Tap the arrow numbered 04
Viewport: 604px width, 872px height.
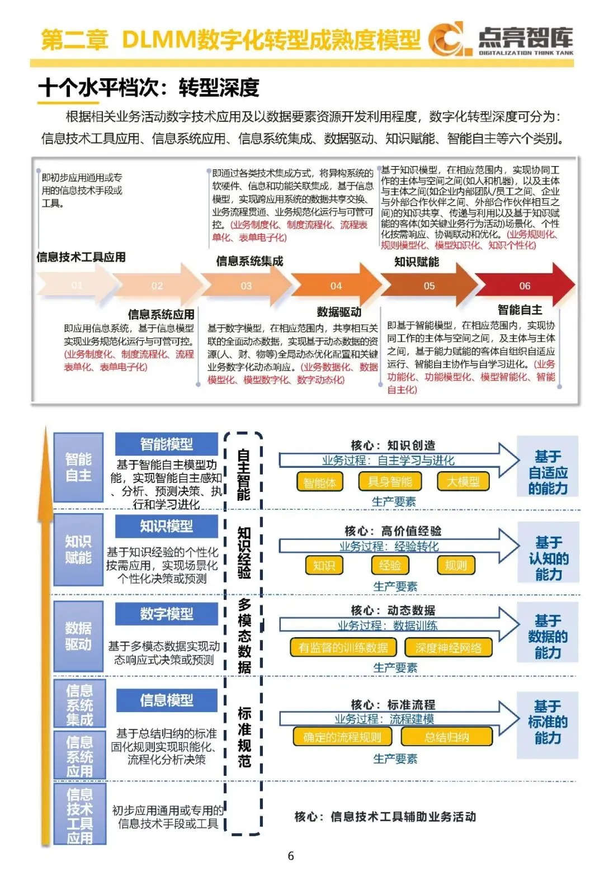(x=336, y=286)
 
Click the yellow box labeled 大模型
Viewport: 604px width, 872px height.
(x=463, y=482)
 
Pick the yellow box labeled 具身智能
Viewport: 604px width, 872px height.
(x=390, y=482)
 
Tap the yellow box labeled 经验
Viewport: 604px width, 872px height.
(x=390, y=565)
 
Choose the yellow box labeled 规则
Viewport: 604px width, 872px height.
(x=456, y=565)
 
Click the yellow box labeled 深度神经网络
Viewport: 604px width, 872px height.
(x=449, y=647)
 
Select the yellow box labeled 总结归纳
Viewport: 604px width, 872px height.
(x=446, y=737)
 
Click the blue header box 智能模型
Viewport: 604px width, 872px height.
(x=167, y=444)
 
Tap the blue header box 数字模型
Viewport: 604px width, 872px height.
(x=167, y=614)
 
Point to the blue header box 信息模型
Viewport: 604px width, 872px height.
(x=167, y=700)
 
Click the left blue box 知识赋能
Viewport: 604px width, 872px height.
(x=78, y=549)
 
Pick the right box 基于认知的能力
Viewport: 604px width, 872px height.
(x=548, y=558)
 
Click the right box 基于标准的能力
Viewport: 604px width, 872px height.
(x=548, y=722)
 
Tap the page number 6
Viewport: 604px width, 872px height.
(x=291, y=856)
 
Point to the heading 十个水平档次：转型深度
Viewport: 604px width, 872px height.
(x=149, y=88)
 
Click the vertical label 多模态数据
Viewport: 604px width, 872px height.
(x=244, y=636)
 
